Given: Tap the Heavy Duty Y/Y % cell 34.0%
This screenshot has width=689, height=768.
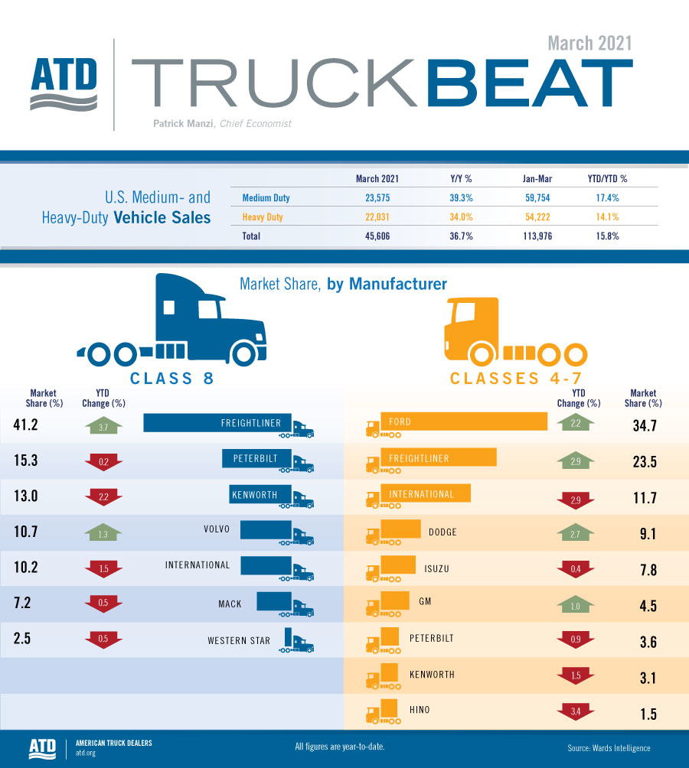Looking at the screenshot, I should click(461, 217).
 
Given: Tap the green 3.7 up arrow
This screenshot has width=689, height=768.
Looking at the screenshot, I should click(103, 426).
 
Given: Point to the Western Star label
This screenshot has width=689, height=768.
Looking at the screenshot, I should click(239, 640).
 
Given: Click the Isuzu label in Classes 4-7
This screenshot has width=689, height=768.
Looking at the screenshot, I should click(436, 568).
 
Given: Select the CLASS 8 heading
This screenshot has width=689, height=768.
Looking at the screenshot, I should click(171, 378).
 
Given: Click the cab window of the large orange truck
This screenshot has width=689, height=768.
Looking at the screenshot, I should click(463, 314).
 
